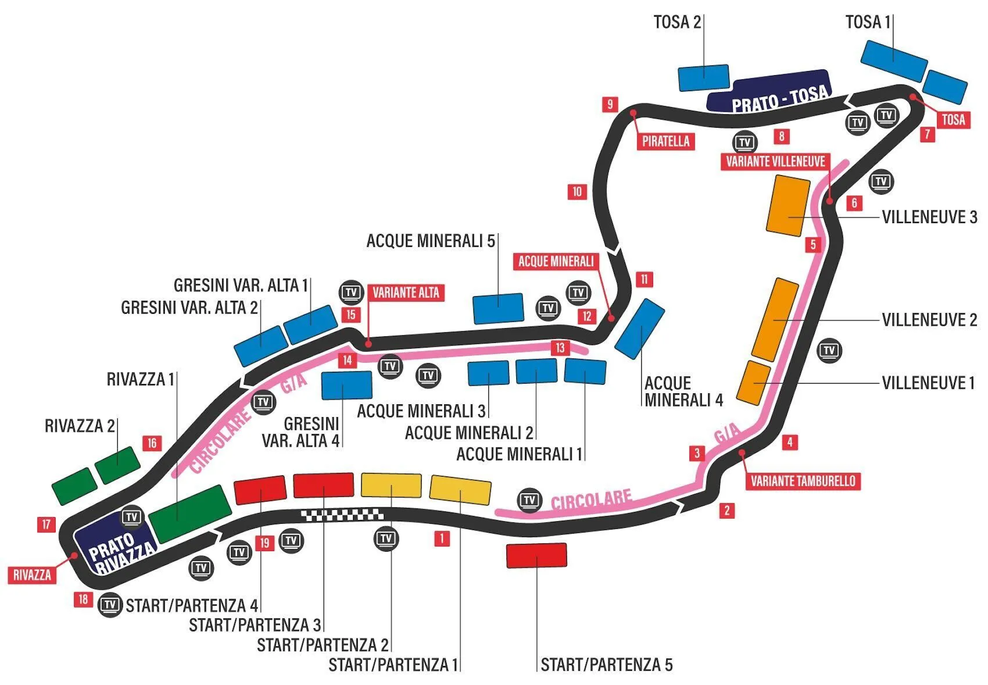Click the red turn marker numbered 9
tap(610, 104)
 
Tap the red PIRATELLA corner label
tap(665, 141)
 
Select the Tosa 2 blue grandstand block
tap(703, 78)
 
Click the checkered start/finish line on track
tap(342, 515)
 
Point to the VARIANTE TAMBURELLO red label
tap(803, 481)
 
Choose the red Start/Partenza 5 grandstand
tap(537, 555)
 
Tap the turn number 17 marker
tap(46, 524)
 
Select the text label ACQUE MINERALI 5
tap(430, 241)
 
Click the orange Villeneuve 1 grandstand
tap(753, 383)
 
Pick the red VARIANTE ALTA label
tap(406, 293)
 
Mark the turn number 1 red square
tap(442, 539)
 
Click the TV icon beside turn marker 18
tap(110, 605)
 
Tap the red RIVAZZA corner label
tap(32, 575)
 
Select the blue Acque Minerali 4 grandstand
tap(640, 329)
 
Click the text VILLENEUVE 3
tap(929, 217)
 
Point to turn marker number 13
tap(560, 348)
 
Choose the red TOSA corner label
tap(953, 119)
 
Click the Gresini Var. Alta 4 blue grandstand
tap(346, 385)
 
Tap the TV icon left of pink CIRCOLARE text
tap(529, 500)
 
